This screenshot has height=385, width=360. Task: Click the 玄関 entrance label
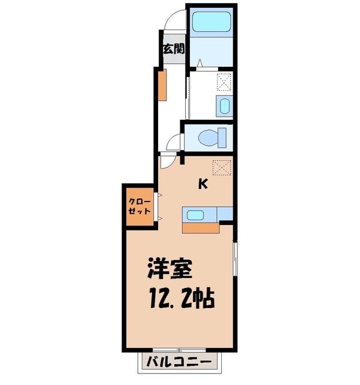pyautogui.click(x=174, y=49)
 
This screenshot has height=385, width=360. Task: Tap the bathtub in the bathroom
pyautogui.click(x=212, y=22)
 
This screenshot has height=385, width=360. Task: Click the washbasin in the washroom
pyautogui.click(x=224, y=106)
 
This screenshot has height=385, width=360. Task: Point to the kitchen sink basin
pyautogui.click(x=195, y=215)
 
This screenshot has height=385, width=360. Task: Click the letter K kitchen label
pyautogui.click(x=203, y=184)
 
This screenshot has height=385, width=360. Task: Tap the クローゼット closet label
pyautogui.click(x=139, y=206)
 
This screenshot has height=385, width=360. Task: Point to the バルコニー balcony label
pyautogui.click(x=179, y=362)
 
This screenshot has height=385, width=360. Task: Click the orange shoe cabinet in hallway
pyautogui.click(x=162, y=85)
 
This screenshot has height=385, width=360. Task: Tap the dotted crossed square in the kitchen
pyautogui.click(x=222, y=168)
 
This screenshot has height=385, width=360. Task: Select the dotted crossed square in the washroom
pyautogui.click(x=224, y=82)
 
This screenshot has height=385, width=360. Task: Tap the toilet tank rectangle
pyautogui.click(x=222, y=138)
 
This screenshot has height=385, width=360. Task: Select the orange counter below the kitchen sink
pyautogui.click(x=201, y=228)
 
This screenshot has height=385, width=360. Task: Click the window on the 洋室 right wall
pyautogui.click(x=235, y=259)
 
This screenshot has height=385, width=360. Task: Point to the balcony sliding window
pyautogui.click(x=179, y=350)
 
